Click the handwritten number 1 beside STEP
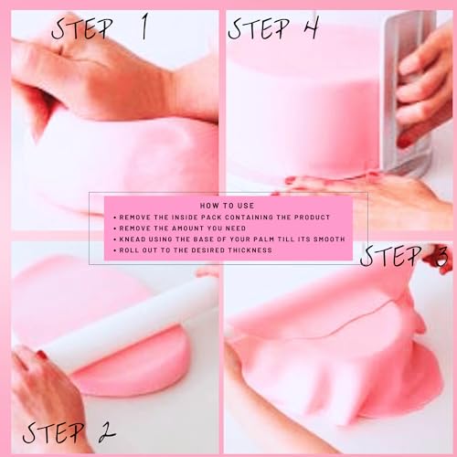click(x=144, y=27)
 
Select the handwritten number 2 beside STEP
click(x=107, y=432)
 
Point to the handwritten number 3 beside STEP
click(x=440, y=257)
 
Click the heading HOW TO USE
click(x=227, y=206)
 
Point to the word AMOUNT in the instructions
click(x=186, y=228)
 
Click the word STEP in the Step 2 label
click(x=54, y=432)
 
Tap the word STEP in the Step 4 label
click(x=259, y=28)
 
